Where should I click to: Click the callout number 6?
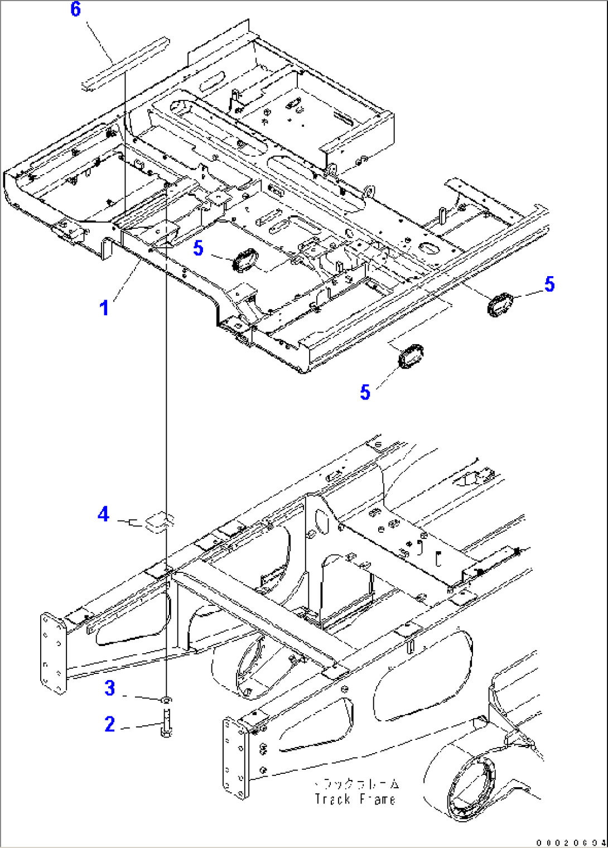tap(75, 10)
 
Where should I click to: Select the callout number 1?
tap(104, 307)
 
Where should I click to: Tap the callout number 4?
tap(103, 514)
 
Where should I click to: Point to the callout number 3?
tap(110, 688)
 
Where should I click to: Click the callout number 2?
tap(110, 724)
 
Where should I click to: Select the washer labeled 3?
tap(166, 699)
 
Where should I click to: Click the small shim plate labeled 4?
tap(158, 521)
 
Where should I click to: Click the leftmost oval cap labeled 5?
tap(244, 260)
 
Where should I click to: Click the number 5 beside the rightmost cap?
tap(549, 284)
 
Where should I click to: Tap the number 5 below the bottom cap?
tap(365, 392)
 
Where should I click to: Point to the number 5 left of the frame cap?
tap(198, 248)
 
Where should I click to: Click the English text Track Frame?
tap(355, 799)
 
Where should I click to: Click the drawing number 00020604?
tap(571, 842)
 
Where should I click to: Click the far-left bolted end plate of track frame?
tap(52, 653)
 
